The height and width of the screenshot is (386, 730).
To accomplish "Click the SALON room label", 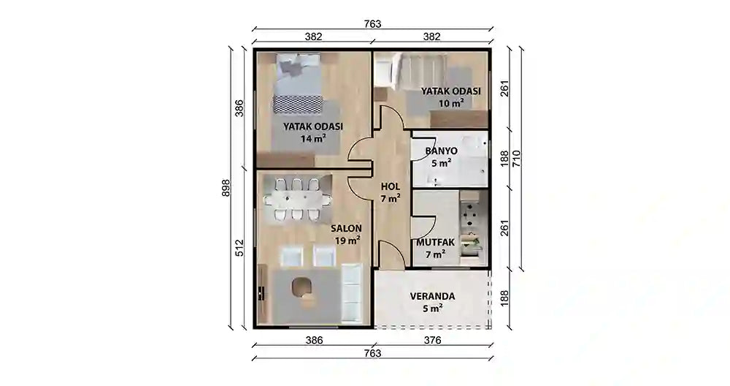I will coord(346,227).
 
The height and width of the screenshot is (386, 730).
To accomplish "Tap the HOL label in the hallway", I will coord(391,185).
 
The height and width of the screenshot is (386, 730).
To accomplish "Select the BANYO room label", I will coord(441,150).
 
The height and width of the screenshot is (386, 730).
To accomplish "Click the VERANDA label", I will coord(432,296).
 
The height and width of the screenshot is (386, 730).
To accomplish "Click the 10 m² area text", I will coord(451,103).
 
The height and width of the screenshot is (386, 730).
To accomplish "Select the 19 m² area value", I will coord(347,240).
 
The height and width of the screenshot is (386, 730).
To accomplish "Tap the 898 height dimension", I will coord(226,188).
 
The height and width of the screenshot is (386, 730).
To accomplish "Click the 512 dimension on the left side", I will coord(239,249).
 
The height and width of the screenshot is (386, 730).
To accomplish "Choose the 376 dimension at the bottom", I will coord(433,340).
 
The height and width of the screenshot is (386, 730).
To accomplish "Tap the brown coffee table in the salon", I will coord(303,288).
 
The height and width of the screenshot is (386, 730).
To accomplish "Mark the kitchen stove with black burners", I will coord(471,213).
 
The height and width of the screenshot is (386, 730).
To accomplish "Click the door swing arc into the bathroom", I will coord(424,149).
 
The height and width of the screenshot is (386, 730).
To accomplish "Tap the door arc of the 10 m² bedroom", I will coord(389,118).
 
